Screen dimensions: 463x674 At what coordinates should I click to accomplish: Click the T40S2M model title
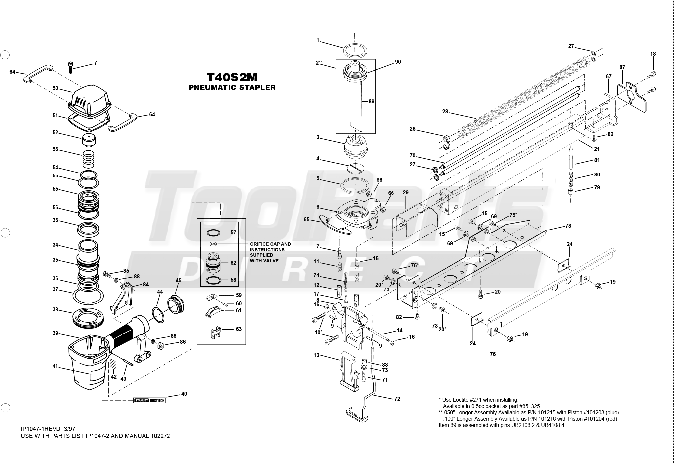(232, 78)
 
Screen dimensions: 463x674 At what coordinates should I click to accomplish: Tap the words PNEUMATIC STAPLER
(232, 88)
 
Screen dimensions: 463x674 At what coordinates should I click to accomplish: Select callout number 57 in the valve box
(233, 233)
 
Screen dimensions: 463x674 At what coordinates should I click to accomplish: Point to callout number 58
(233, 280)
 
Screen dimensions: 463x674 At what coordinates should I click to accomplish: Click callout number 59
(239, 295)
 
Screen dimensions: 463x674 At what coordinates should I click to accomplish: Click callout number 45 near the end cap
(178, 281)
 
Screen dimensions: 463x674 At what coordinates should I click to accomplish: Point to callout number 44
(160, 292)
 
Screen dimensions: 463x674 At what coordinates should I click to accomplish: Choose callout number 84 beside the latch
(146, 284)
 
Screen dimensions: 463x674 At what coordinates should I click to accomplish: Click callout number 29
(405, 193)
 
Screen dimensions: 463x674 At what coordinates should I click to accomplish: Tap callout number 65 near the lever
(306, 220)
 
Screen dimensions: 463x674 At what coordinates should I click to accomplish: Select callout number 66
(391, 193)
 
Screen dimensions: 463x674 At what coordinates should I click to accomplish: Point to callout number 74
(316, 275)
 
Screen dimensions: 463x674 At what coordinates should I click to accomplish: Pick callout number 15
(376, 259)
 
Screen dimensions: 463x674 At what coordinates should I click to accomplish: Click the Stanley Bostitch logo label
(149, 400)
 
